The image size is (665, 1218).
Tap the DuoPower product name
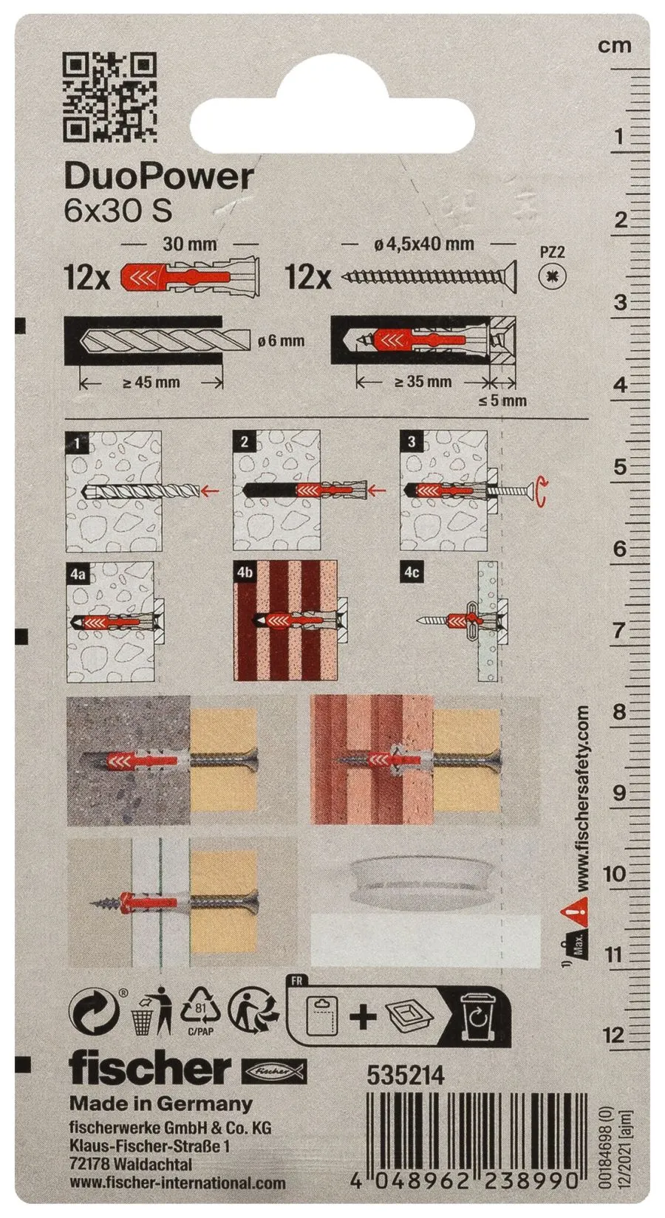click(159, 177)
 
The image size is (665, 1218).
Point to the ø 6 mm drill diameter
click(279, 341)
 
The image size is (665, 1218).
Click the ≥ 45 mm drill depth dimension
click(151, 383)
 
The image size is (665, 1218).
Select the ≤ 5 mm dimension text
click(502, 401)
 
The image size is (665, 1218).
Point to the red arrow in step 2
click(376, 491)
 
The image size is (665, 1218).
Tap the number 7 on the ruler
click(618, 631)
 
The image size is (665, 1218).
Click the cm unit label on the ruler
click(615, 47)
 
